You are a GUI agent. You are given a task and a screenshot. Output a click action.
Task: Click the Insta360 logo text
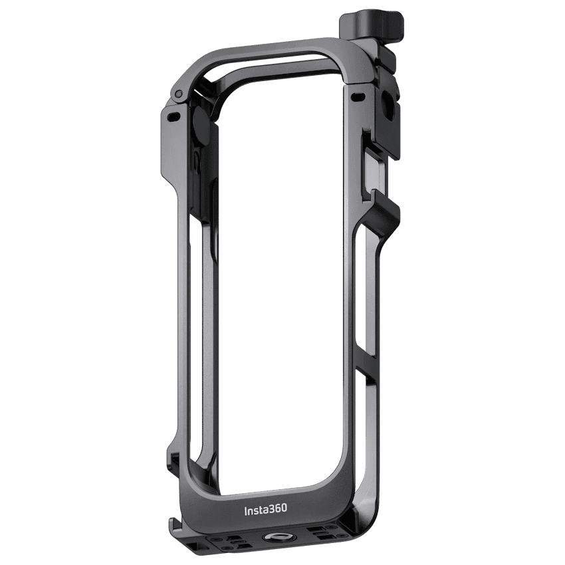265,509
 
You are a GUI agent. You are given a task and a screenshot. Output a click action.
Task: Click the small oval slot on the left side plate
174,116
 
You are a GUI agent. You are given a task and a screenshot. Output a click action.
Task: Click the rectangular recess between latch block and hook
376,166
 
